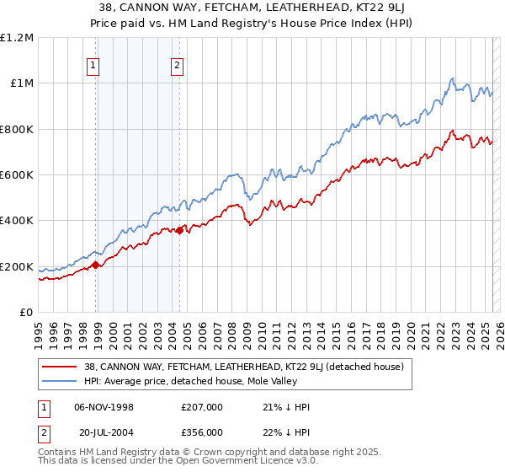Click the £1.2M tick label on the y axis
[x=17, y=38]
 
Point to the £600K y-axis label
[x=17, y=175]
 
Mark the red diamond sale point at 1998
[x=96, y=265]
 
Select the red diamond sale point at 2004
[x=180, y=230]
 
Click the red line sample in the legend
[x=60, y=367]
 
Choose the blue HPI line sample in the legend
[x=60, y=381]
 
